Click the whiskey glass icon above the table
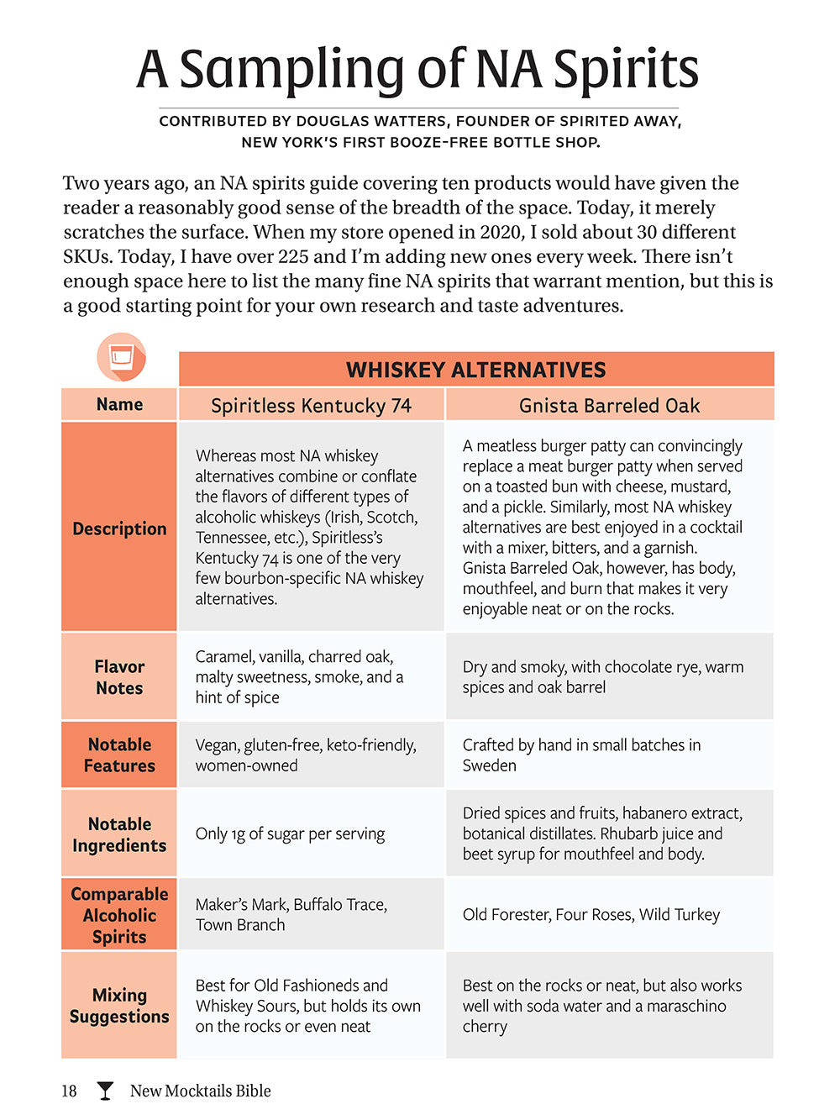pyautogui.click(x=121, y=357)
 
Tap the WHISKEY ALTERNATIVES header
pyautogui.click(x=475, y=370)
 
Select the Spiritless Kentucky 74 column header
pyautogui.click(x=311, y=406)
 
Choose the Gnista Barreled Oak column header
pyautogui.click(x=609, y=406)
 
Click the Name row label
pyautogui.click(x=119, y=404)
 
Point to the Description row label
pyautogui.click(x=119, y=528)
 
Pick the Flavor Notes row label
pyautogui.click(x=119, y=677)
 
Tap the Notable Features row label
pyautogui.click(x=119, y=755)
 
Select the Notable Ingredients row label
pyautogui.click(x=119, y=834)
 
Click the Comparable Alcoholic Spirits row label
pyautogui.click(x=119, y=915)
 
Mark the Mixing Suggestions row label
pyautogui.click(x=119, y=1005)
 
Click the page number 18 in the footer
pyautogui.click(x=69, y=1091)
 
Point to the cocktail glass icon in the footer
pyautogui.click(x=105, y=1091)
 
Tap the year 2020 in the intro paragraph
pyautogui.click(x=502, y=232)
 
